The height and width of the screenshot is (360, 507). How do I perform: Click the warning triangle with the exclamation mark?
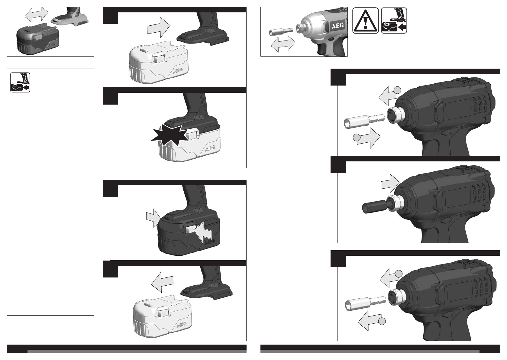click(365, 21)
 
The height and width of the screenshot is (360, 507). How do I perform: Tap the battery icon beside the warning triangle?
click(394, 21)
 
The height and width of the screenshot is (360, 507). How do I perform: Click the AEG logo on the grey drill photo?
click(337, 26)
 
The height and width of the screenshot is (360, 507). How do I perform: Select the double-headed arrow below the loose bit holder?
click(283, 44)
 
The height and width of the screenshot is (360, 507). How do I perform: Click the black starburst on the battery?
click(169, 135)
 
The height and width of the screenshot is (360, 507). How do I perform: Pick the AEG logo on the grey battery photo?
click(52, 45)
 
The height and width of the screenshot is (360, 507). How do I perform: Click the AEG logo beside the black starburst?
click(210, 148)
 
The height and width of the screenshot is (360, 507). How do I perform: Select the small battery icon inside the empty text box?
click(20, 82)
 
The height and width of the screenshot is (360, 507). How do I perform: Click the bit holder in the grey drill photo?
click(281, 32)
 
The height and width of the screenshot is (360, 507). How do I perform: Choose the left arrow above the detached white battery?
click(163, 282)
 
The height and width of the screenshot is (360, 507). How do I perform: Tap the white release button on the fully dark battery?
click(190, 230)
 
